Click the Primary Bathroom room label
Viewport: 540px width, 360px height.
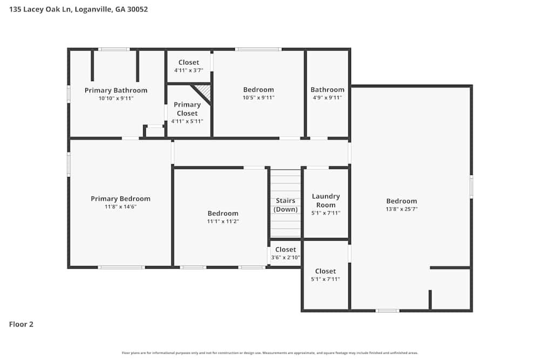[116, 90]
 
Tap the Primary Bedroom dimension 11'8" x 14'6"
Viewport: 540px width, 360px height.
[120, 207]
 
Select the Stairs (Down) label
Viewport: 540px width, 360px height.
[285, 205]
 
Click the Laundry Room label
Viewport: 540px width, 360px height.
[326, 201]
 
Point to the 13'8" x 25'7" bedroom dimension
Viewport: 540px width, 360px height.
[401, 209]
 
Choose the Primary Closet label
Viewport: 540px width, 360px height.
[187, 109]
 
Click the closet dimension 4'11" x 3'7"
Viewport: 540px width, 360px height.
[188, 71]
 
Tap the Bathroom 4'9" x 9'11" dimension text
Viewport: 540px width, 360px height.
[327, 98]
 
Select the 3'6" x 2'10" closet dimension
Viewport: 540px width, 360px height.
[286, 257]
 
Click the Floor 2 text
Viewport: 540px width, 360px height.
[21, 324]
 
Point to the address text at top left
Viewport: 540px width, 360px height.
[78, 9]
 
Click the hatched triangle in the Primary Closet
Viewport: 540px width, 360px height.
[204, 91]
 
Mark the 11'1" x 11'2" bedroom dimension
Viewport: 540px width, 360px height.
[222, 221]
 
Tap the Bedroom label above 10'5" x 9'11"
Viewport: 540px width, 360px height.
[258, 90]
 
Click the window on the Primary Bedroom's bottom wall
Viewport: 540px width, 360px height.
[121, 267]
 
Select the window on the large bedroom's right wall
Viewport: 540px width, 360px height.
[471, 187]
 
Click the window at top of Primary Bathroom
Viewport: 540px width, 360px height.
[113, 49]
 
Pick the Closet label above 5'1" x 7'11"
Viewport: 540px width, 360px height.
[325, 271]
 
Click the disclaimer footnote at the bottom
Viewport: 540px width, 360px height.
[270, 353]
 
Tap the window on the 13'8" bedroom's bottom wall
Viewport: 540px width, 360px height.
[387, 310]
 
